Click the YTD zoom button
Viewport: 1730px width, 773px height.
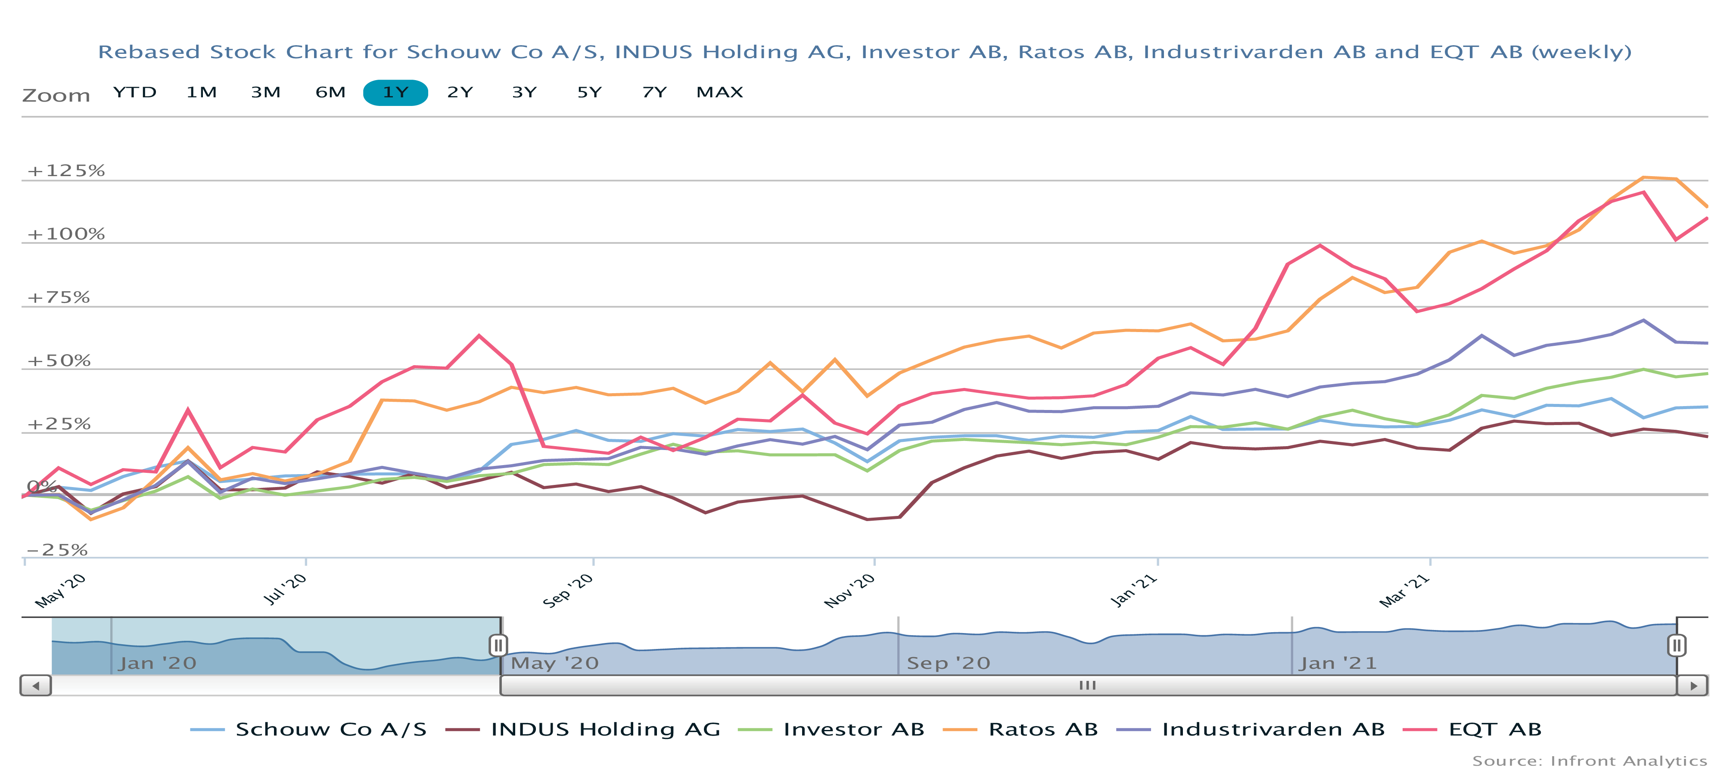[x=134, y=92]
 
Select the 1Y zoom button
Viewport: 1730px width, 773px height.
[x=395, y=92]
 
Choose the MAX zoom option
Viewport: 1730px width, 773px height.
[x=719, y=92]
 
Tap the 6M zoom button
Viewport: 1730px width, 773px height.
[x=330, y=92]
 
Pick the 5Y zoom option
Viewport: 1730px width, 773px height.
[x=589, y=92]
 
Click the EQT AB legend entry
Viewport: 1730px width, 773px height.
[x=1494, y=730]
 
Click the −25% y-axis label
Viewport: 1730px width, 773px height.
[x=58, y=550]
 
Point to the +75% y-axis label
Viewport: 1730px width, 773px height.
[x=59, y=298]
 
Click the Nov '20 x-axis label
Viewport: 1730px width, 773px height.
[x=849, y=590]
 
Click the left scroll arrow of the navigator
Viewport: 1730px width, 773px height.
[x=36, y=686]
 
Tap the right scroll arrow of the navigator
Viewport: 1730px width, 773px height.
[x=1693, y=686]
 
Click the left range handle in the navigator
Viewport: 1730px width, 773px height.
[x=498, y=646]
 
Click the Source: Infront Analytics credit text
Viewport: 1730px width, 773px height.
[x=1589, y=761]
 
